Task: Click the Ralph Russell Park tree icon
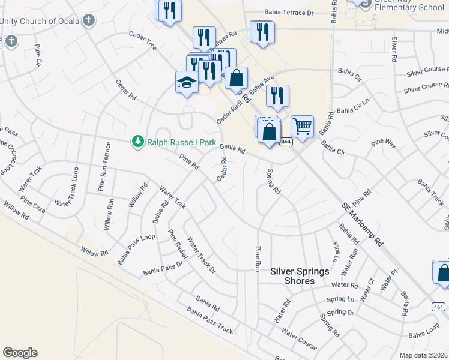(x=138, y=141)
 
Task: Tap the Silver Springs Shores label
(x=300, y=276)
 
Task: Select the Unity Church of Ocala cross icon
(x=88, y=21)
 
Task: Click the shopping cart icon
(x=302, y=127)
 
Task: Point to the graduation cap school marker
(x=187, y=82)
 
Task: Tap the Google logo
(x=20, y=353)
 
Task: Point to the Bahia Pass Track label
(x=209, y=321)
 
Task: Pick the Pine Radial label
(x=178, y=244)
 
